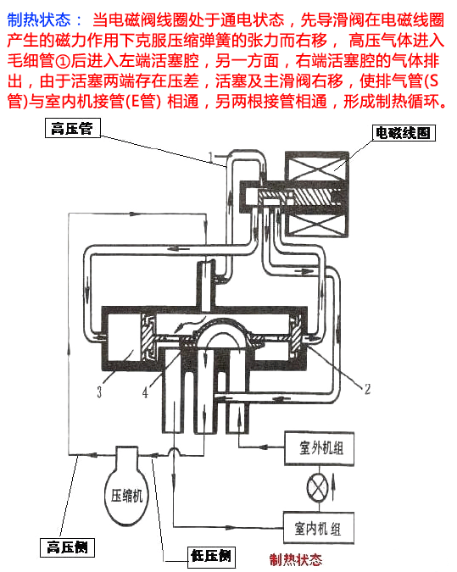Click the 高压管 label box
point(73,128)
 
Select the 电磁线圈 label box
point(404,133)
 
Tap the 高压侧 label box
point(67,547)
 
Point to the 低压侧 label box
point(211,557)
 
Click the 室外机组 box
point(320,448)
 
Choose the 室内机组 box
point(319,528)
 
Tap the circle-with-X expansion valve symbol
point(317,488)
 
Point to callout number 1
point(210,158)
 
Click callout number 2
point(367,389)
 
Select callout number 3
point(99,392)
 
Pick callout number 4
point(145,392)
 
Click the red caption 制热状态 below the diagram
point(296,559)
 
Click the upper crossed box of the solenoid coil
point(316,166)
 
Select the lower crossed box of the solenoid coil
point(316,224)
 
